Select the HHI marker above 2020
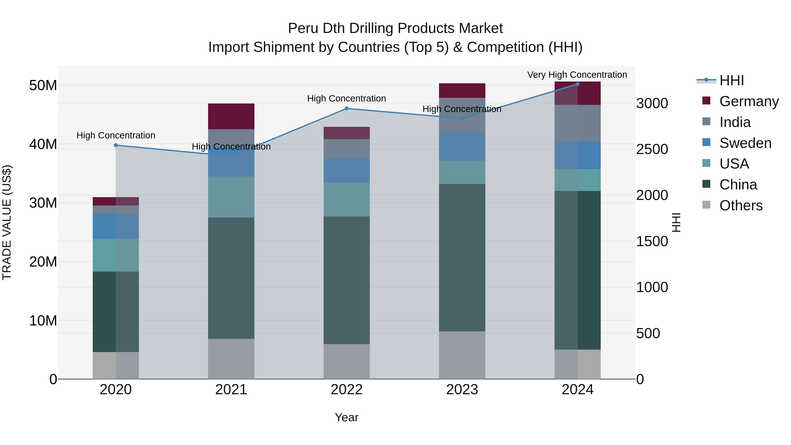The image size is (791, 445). (x=116, y=145)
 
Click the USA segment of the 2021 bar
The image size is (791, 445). (x=231, y=197)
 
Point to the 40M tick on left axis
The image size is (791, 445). (x=43, y=144)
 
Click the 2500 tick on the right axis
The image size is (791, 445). (x=652, y=149)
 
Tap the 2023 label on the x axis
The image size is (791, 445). (x=462, y=389)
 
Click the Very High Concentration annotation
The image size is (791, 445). (x=577, y=75)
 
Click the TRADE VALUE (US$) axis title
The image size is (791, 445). (x=7, y=222)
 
